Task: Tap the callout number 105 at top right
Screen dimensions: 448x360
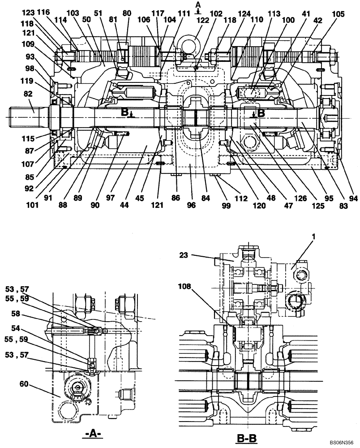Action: [339, 14]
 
